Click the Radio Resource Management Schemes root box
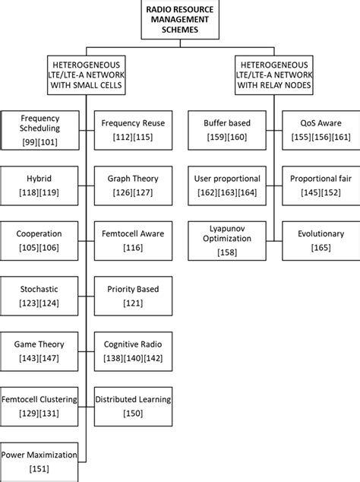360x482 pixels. [180, 18]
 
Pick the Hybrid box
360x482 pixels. [40, 185]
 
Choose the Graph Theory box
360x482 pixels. [133, 185]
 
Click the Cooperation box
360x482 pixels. [40, 239]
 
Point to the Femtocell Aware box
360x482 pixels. [133, 239]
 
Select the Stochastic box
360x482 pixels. [40, 296]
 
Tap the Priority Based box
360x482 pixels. [133, 296]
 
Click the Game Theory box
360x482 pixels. [40, 350]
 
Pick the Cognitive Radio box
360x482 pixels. [133, 350]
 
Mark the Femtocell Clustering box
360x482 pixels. [40, 406]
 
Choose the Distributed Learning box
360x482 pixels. [133, 406]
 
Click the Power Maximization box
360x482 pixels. [40, 461]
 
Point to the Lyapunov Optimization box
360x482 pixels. [225, 239]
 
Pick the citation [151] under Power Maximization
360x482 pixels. [40, 468]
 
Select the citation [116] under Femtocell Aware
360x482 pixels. [133, 248]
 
